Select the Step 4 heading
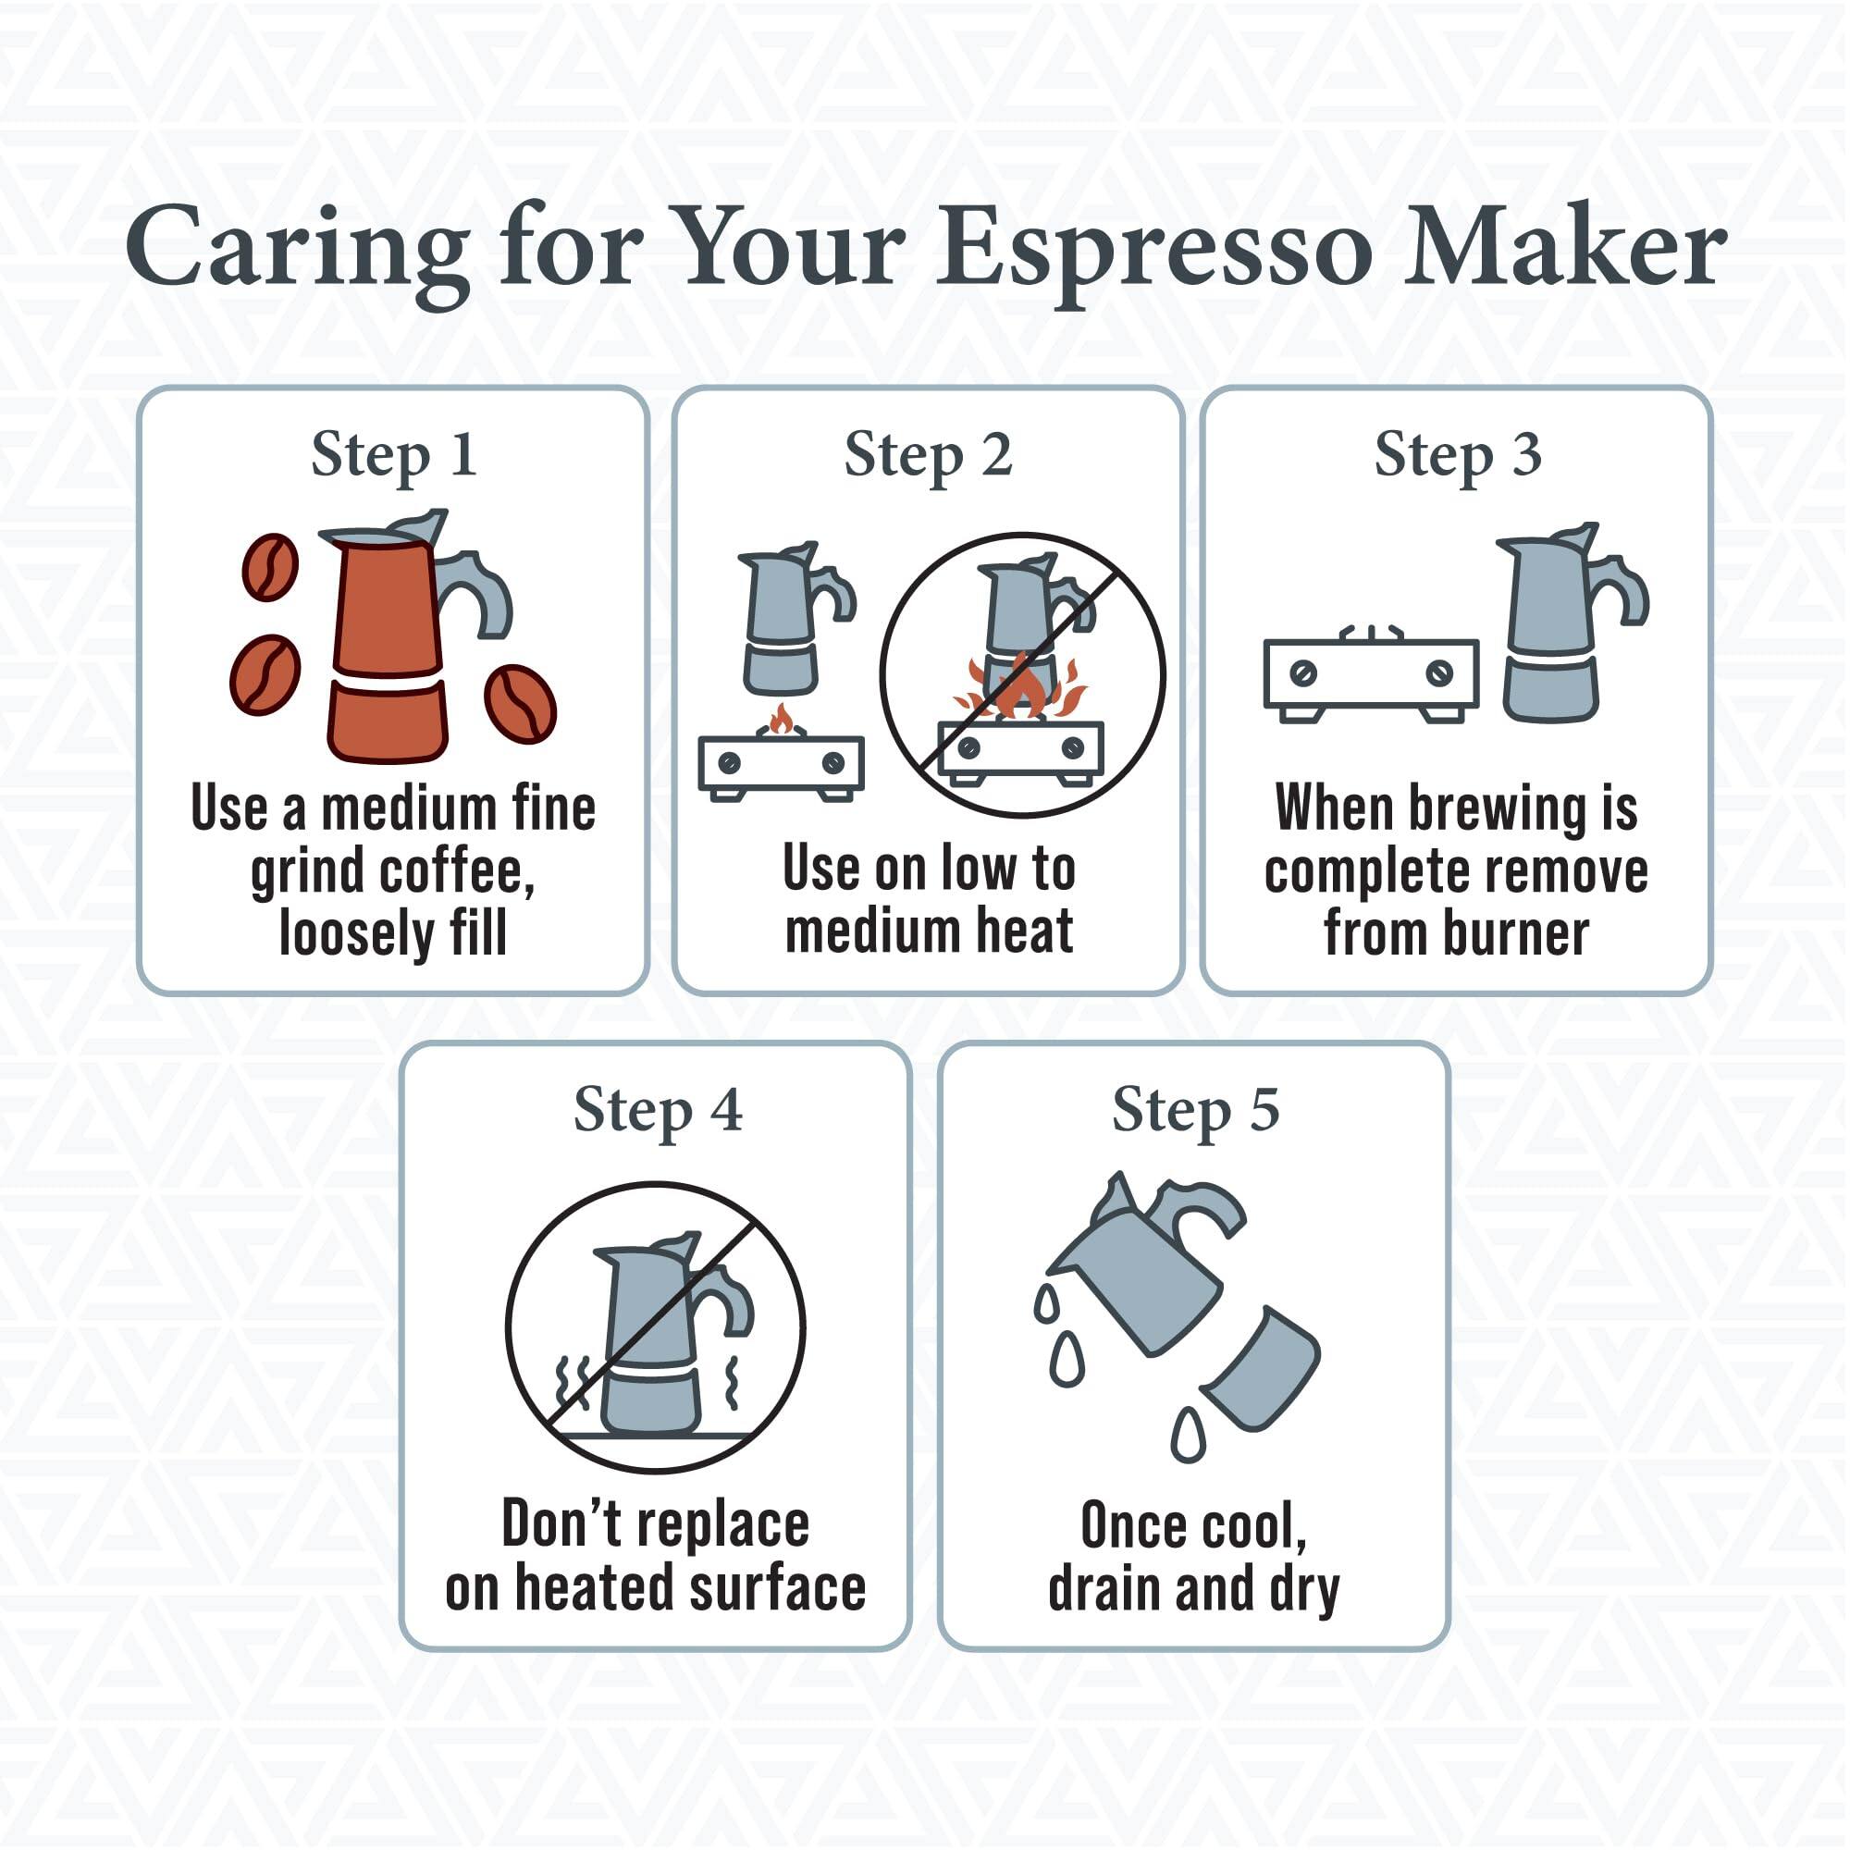point(657,1110)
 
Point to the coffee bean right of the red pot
point(520,704)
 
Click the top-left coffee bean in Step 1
point(270,566)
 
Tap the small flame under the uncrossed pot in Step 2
point(782,719)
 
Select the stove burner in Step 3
point(1371,675)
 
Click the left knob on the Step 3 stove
point(1302,673)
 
